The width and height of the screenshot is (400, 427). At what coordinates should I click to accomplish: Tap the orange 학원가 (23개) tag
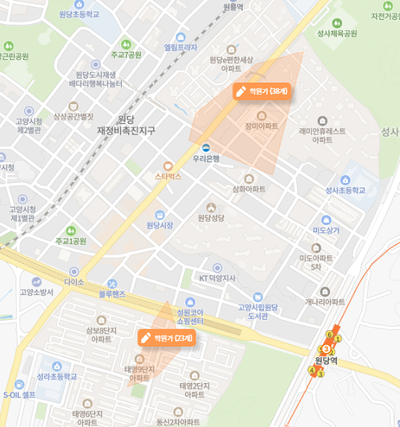click(167, 337)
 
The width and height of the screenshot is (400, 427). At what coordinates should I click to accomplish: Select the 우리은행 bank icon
click(206, 148)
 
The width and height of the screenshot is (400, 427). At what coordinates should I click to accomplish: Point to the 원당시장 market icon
click(160, 215)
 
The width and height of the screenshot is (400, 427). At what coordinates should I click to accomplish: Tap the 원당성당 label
click(211, 217)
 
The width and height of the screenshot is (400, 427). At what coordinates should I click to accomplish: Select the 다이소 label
click(74, 282)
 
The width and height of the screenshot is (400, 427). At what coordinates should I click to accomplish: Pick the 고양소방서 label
click(37, 291)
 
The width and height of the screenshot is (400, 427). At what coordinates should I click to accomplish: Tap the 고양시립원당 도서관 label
click(258, 311)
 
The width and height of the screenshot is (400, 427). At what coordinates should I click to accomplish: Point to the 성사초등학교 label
click(346, 190)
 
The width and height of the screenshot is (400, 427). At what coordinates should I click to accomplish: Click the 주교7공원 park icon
click(126, 44)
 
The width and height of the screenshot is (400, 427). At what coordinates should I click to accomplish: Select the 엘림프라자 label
click(181, 48)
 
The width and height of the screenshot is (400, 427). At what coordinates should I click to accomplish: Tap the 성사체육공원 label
click(337, 33)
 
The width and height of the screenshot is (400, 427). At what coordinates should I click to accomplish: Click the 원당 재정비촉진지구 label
click(126, 125)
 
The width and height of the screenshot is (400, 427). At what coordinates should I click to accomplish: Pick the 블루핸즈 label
click(112, 293)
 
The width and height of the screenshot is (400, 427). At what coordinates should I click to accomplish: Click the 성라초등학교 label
click(56, 376)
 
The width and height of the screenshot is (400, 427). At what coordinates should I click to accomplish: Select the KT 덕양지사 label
click(217, 278)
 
